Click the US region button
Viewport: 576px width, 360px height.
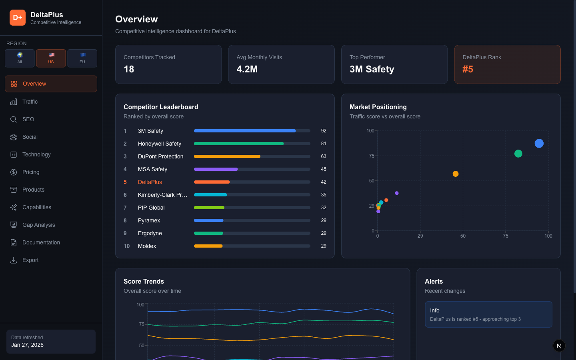51,58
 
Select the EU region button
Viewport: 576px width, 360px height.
82,58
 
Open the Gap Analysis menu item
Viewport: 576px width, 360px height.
38,225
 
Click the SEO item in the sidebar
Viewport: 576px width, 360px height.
28,119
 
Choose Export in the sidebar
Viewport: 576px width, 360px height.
30,260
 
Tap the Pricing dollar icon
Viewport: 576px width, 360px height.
14,172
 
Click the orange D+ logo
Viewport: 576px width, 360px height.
18,18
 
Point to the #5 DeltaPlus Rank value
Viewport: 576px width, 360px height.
468,69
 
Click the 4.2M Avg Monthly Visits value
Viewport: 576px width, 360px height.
247,69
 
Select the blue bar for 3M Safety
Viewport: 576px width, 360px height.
245,131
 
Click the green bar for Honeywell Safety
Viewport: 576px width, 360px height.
239,144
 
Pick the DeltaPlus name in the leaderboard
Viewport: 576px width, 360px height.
150,182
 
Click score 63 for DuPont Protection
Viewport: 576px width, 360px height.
324,156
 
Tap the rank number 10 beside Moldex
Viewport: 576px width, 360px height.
126,246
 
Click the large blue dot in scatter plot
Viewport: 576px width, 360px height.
539,143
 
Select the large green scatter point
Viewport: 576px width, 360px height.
518,154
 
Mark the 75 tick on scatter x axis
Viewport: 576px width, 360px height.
506,236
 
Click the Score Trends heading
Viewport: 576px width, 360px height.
144,281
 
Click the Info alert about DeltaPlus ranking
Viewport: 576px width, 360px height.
488,314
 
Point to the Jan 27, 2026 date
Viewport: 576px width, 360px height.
27,345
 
